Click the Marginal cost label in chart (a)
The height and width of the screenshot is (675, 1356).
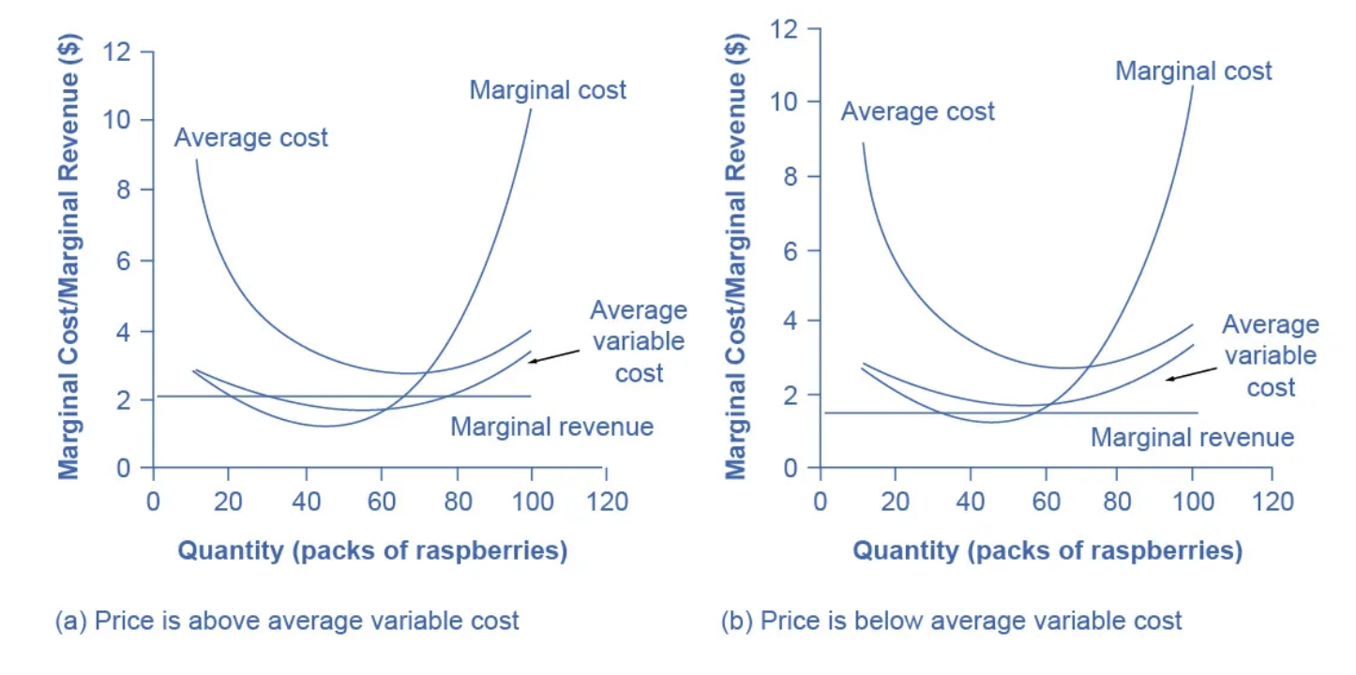click(x=548, y=91)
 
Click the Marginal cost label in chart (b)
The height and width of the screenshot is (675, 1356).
click(x=1193, y=70)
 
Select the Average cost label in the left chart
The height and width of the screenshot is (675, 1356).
click(x=251, y=138)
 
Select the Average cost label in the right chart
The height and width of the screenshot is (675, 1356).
click(x=917, y=112)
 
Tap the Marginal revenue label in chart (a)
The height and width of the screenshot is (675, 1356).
click(x=551, y=427)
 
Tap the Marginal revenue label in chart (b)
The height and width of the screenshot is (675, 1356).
click(x=1192, y=437)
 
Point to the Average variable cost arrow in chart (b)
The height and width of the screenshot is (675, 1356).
click(x=1190, y=372)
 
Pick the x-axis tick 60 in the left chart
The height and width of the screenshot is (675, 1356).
click(x=380, y=501)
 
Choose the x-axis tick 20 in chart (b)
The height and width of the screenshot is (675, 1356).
click(x=895, y=501)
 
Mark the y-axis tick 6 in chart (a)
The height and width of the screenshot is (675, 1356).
click(x=122, y=261)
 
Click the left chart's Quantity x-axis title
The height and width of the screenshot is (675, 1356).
click(x=372, y=550)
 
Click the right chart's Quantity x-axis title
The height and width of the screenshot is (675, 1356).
click(x=1047, y=550)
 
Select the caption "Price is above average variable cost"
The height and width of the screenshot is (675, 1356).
click(x=287, y=621)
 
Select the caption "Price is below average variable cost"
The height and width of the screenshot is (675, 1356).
click(x=952, y=621)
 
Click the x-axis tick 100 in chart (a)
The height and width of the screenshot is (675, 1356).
click(x=532, y=501)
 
